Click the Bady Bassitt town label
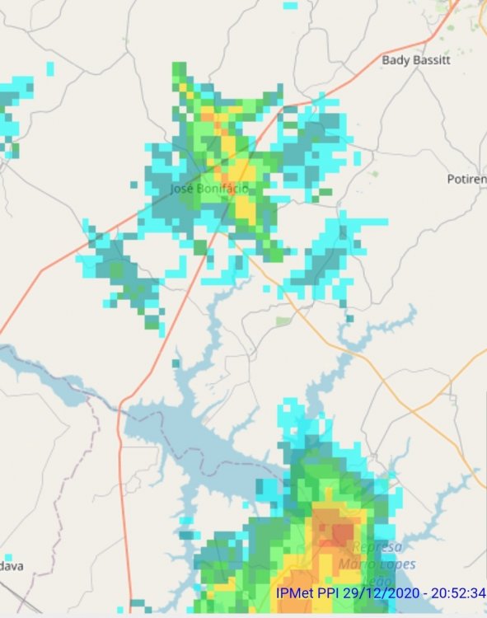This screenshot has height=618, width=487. (x=420, y=60)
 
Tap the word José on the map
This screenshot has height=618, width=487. (x=182, y=189)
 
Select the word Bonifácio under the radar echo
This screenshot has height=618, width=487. (x=222, y=189)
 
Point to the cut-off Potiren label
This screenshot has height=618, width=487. (x=466, y=179)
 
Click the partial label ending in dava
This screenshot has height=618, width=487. (x=12, y=566)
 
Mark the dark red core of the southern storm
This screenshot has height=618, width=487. (x=340, y=533)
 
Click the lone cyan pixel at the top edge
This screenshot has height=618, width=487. (x=290, y=5)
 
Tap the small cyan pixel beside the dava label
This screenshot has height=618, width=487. (x=7, y=557)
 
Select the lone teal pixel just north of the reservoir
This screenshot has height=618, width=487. (x=176, y=363)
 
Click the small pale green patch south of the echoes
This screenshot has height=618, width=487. (x=283, y=321)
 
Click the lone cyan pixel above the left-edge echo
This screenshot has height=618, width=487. (x=50, y=67)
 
